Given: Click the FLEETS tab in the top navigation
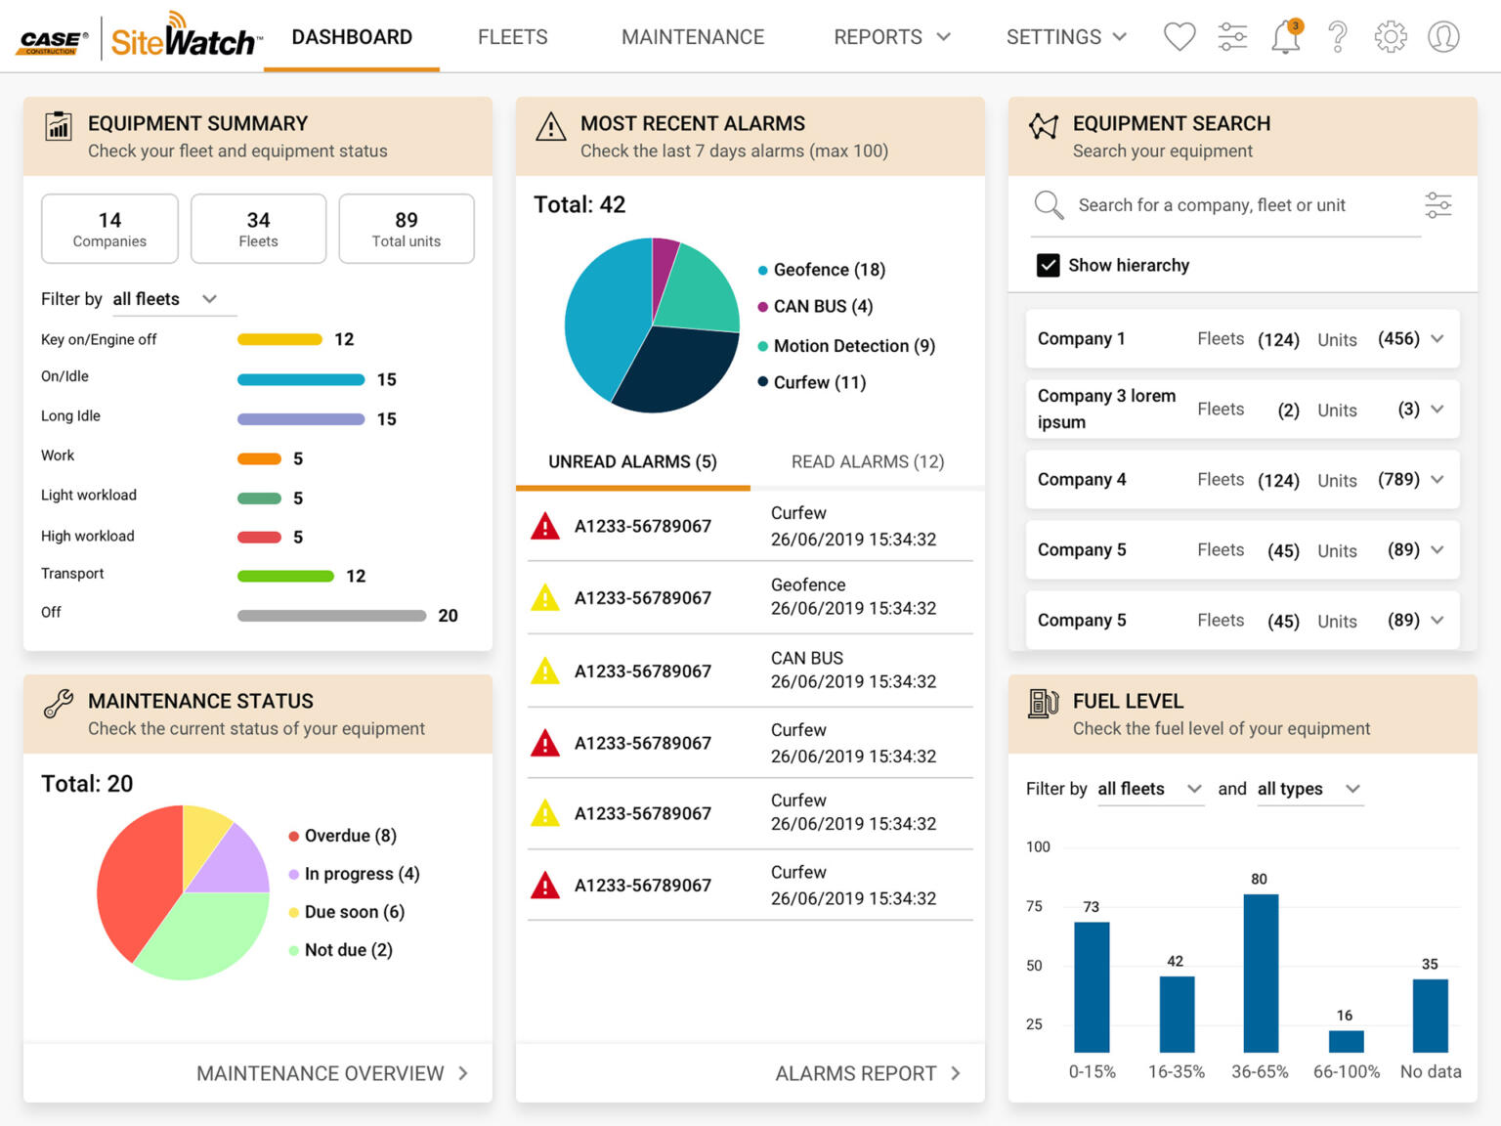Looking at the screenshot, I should point(512,37).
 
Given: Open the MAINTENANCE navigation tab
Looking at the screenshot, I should point(693,37).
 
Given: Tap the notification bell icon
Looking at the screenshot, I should point(1285,37).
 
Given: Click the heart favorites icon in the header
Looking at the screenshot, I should point(1179,37).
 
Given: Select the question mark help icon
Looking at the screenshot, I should point(1338,37).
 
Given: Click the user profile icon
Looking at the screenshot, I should point(1443,37).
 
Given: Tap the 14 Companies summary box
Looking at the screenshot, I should point(109,229).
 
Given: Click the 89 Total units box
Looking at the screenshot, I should point(407,229).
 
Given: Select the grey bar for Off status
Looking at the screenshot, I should point(331,616).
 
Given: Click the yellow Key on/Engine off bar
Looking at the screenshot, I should point(279,339).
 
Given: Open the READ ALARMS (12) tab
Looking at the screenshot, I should point(867,461).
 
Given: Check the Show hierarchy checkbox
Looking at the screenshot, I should point(1048,265).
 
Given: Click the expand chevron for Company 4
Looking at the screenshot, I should point(1437,479).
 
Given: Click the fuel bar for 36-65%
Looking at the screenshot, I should point(1261,973).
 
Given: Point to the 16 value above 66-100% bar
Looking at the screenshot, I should point(1345,1016).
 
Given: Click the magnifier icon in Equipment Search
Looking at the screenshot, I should point(1049,205).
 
